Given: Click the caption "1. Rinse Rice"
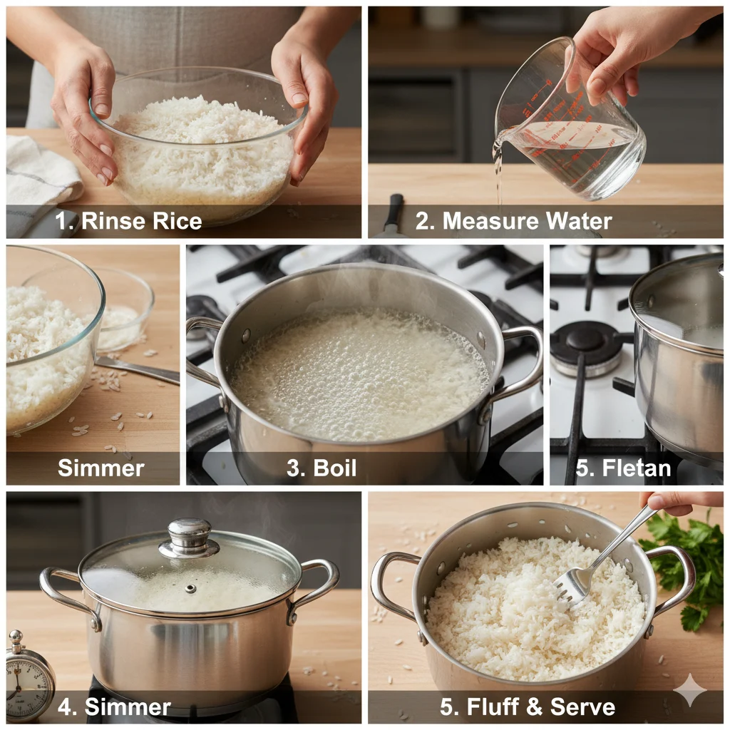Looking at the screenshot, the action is (128, 221).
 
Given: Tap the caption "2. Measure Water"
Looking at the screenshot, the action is (513, 221).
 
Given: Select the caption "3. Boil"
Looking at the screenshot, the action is (322, 468).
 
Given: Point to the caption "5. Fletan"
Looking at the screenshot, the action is (623, 468).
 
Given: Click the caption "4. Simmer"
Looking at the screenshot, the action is (114, 706).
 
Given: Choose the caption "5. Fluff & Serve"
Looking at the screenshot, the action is (528, 706).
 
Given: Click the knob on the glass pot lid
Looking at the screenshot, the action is (189, 538).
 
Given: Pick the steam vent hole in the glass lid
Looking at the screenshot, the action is (190, 589).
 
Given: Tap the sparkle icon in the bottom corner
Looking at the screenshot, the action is (690, 690).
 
